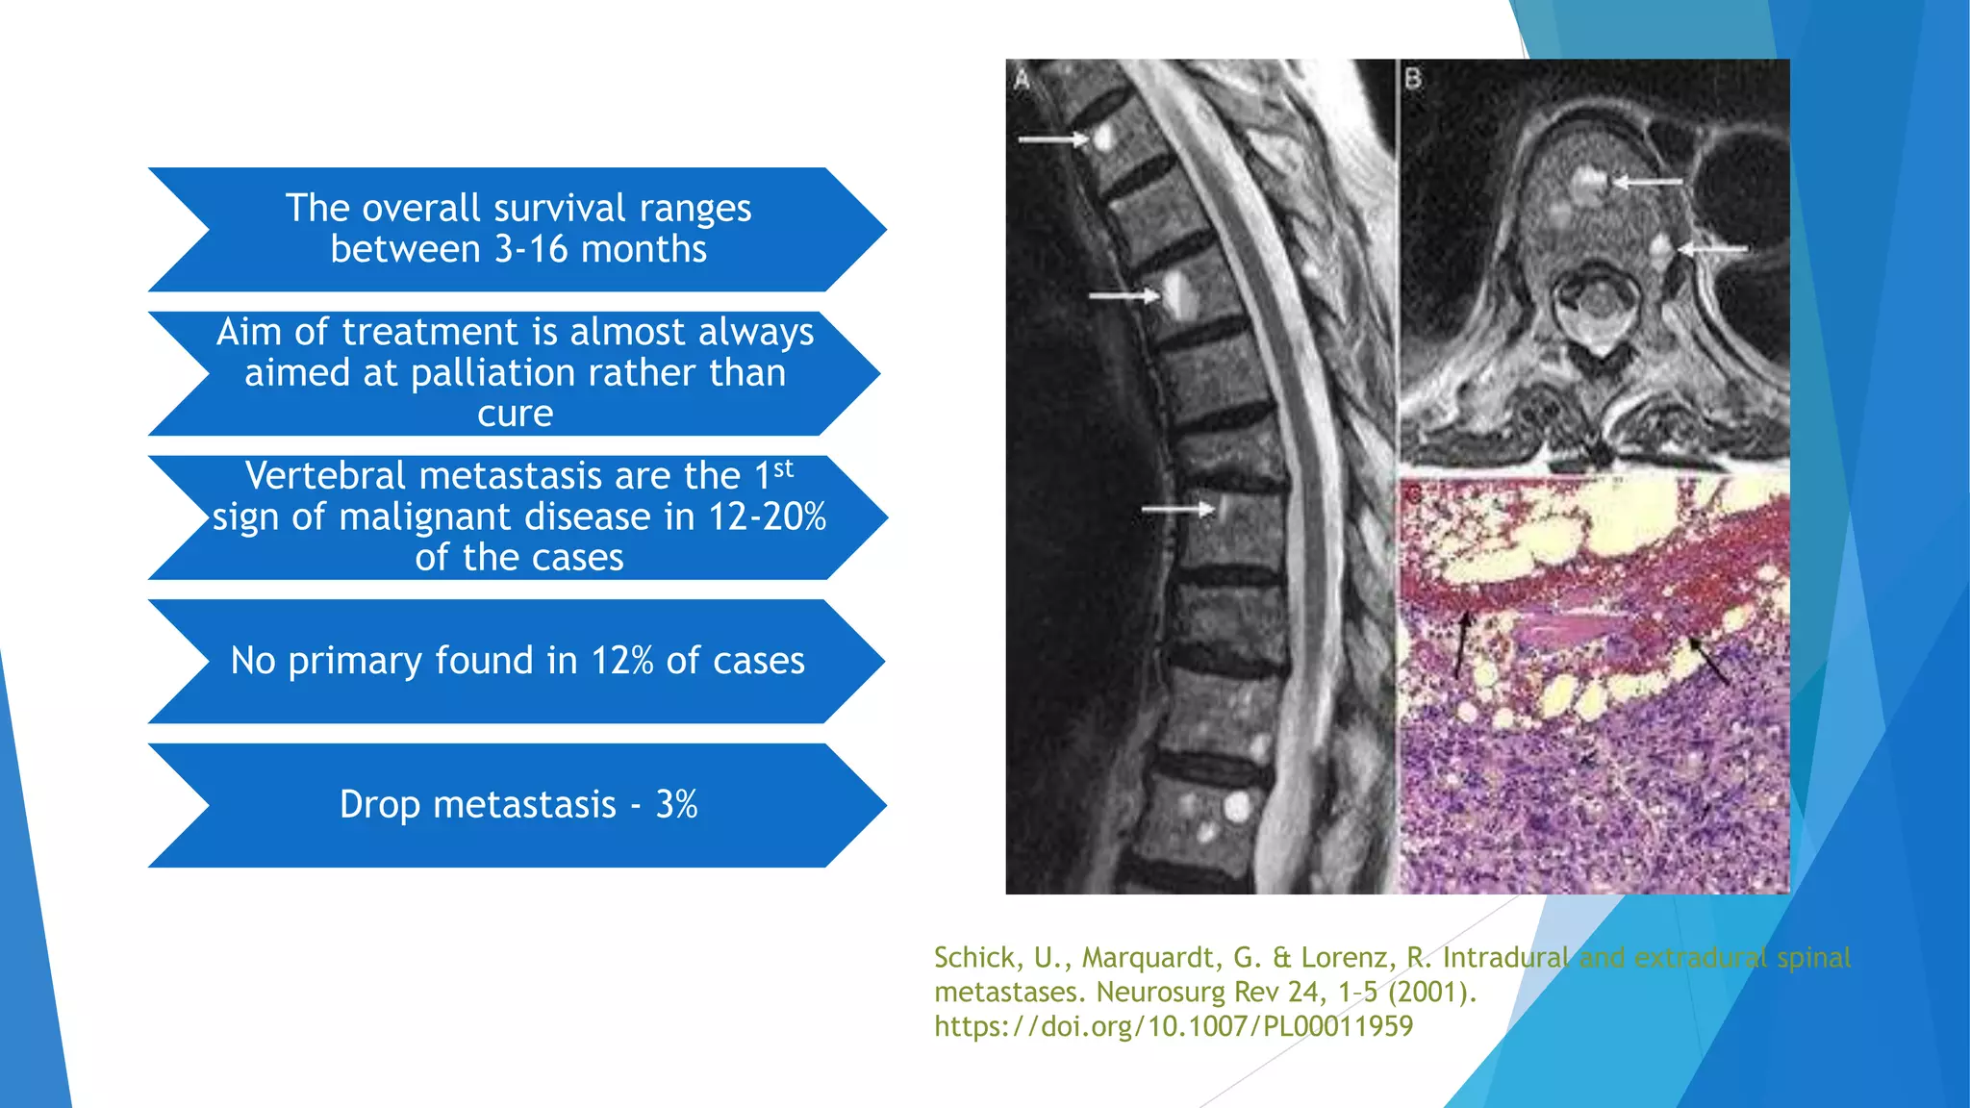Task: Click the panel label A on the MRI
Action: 1022,80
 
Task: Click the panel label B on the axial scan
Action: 1412,79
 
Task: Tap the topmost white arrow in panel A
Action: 1052,140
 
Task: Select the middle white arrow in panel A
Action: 1124,295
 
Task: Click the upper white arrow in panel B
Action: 1648,181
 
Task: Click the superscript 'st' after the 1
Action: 783,468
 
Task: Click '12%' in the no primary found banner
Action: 622,661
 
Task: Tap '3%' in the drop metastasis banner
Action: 676,805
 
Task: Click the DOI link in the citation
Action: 1174,1026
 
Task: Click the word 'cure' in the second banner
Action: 516,414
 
